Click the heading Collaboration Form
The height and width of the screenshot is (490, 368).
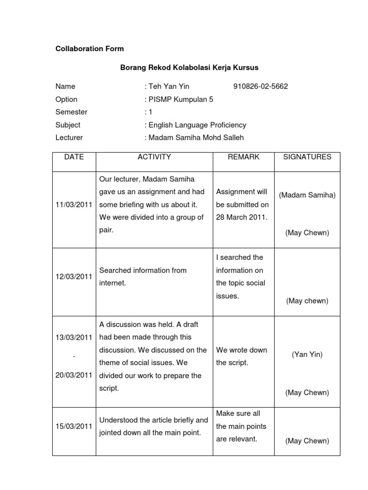90,49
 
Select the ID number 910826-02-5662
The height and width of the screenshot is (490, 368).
261,87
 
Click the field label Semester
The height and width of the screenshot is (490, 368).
71,112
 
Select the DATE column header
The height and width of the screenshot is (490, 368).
74,157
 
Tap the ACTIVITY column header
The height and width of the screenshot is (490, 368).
154,157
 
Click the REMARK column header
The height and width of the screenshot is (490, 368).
243,157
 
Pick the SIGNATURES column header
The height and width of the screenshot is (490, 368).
307,157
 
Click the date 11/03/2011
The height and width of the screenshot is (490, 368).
74,205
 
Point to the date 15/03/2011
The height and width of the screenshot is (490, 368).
74,426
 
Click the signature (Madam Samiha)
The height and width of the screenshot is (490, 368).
307,195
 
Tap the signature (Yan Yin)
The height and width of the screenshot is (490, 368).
307,355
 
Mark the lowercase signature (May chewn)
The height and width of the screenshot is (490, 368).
307,301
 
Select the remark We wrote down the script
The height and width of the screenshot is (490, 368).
241,356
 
